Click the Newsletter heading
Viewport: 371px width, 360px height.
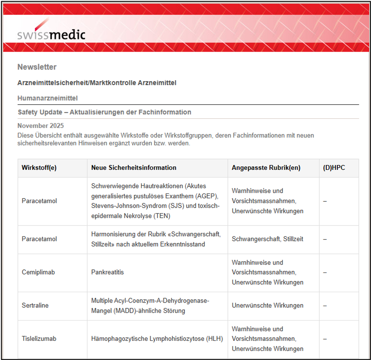point(37,67)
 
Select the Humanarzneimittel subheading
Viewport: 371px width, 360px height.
point(47,98)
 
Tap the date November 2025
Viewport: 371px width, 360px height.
point(39,125)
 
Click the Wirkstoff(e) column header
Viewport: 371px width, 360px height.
point(38,168)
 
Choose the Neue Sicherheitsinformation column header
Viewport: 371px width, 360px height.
point(134,168)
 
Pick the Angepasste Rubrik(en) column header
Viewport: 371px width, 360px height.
point(266,168)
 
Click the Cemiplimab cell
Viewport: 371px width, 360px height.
point(38,272)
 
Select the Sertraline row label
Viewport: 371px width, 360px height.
point(35,306)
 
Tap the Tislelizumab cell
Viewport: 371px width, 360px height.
point(39,339)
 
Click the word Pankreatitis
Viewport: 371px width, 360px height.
point(107,272)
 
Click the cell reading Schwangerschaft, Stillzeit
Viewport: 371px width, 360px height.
point(267,239)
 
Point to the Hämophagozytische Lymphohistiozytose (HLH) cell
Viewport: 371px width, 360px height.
point(157,339)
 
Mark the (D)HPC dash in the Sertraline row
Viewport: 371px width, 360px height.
point(325,306)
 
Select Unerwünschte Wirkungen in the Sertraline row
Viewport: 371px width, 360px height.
point(267,306)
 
